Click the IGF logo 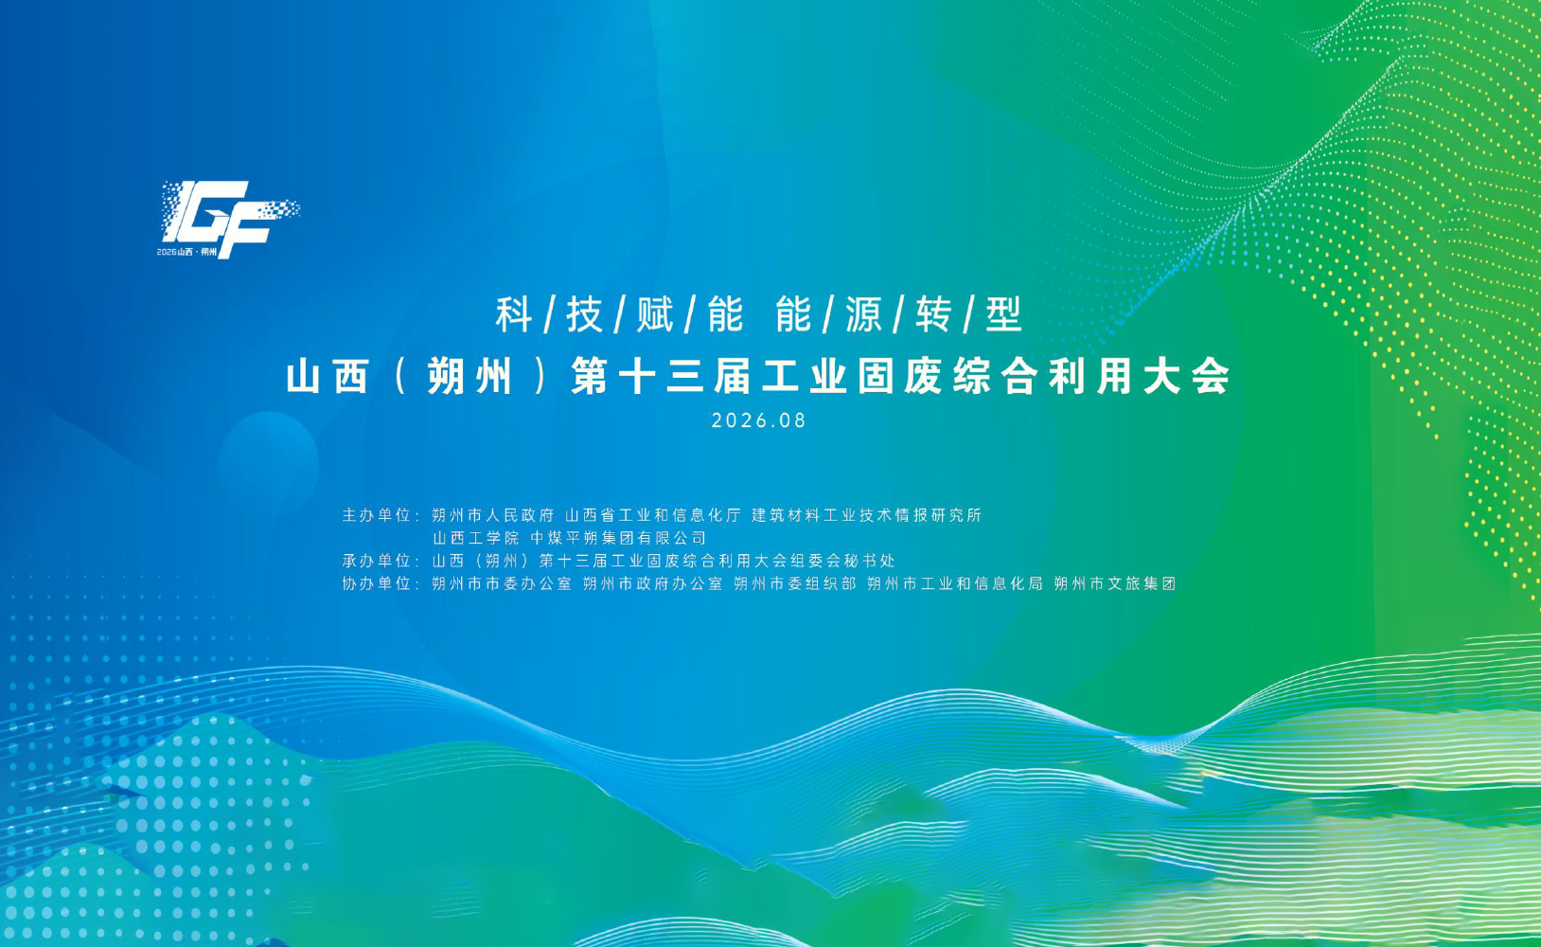point(229,219)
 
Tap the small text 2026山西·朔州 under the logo point(186,252)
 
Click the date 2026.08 point(758,420)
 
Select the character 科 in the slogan point(513,314)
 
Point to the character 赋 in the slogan point(654,314)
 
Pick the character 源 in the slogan point(863,314)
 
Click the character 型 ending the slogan point(1003,314)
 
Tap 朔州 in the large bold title point(469,377)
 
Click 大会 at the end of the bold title point(1187,377)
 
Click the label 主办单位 point(377,515)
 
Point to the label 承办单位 point(377,561)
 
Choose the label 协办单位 point(377,583)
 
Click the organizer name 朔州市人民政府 point(492,515)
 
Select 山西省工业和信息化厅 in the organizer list point(653,515)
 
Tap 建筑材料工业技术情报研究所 point(867,515)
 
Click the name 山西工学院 point(475,538)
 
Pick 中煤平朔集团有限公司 point(618,538)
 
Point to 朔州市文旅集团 point(1115,583)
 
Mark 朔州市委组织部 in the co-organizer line point(794,583)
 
